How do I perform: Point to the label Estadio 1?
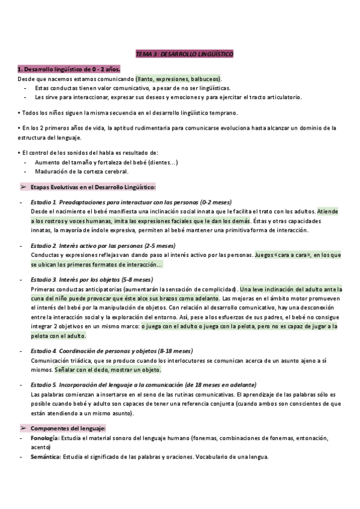43,202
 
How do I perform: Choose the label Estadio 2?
43,245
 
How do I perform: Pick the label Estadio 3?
43,280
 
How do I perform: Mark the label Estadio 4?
43,351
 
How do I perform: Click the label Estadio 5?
43,385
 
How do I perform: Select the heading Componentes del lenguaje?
68,428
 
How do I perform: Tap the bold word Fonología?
44,439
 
